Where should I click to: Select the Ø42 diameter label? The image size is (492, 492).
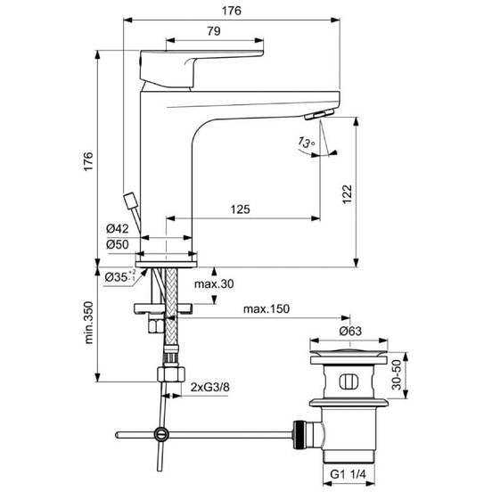pos(119,229)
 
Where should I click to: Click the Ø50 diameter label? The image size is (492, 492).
pos(119,243)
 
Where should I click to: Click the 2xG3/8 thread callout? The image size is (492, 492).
pos(210,386)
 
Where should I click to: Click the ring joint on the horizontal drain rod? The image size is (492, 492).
pos(160,434)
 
